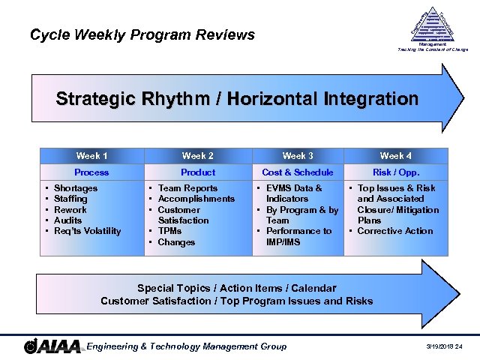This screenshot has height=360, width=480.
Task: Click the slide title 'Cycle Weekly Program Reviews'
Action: pyautogui.click(x=142, y=34)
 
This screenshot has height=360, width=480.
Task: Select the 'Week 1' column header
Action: pyautogui.click(x=91, y=156)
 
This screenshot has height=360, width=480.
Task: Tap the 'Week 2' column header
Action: pyautogui.click(x=197, y=156)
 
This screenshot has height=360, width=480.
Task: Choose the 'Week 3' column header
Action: pyautogui.click(x=298, y=156)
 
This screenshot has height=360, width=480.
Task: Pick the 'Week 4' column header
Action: pyautogui.click(x=395, y=156)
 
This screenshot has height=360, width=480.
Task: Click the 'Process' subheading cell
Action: pyautogui.click(x=91, y=172)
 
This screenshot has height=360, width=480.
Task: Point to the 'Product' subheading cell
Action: pyautogui.click(x=197, y=172)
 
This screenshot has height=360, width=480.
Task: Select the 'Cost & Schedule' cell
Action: pyautogui.click(x=298, y=172)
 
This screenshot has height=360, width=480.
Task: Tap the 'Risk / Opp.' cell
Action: pyautogui.click(x=395, y=172)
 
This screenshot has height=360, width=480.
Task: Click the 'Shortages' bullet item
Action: pyautogui.click(x=76, y=188)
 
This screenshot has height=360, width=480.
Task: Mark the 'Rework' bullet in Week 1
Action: pyautogui.click(x=70, y=210)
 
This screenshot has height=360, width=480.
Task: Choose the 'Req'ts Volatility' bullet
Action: pyautogui.click(x=88, y=231)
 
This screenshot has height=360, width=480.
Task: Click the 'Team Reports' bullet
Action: pyautogui.click(x=187, y=188)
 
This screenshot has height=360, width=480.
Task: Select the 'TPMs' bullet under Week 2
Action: pyautogui.click(x=171, y=232)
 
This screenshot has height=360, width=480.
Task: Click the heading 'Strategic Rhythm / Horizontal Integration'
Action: pyautogui.click(x=237, y=99)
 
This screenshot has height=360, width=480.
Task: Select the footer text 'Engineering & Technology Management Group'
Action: pyautogui.click(x=187, y=346)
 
